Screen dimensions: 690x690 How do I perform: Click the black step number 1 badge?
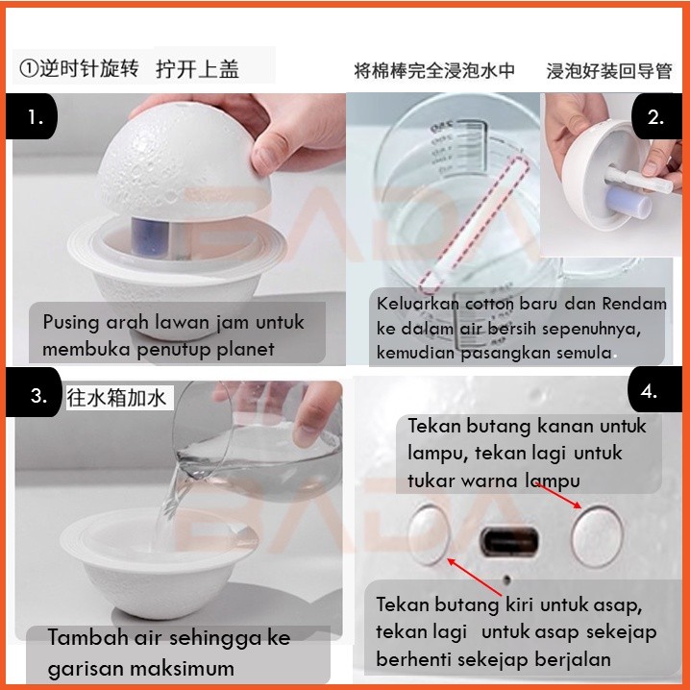point(32,116)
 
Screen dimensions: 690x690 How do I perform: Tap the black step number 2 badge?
point(656,116)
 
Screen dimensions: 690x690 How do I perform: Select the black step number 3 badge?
point(35,393)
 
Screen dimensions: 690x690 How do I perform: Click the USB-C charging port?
point(509,541)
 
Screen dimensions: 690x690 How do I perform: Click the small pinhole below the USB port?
point(507,580)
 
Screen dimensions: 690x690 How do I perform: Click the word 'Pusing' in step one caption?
point(71,323)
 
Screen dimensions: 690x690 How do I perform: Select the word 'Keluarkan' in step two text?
point(418,304)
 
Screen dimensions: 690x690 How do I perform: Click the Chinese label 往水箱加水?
point(116,398)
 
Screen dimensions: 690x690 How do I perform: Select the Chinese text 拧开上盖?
point(197,69)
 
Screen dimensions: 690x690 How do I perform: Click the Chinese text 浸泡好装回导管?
point(609,70)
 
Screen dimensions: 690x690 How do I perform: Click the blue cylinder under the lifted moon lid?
point(150,236)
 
